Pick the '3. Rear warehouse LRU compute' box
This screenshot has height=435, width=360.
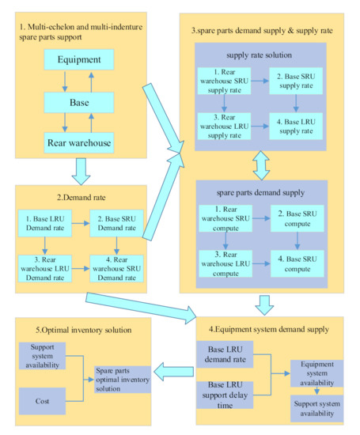pos(224,263)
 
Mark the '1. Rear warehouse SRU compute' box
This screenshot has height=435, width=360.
pos(224,219)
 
